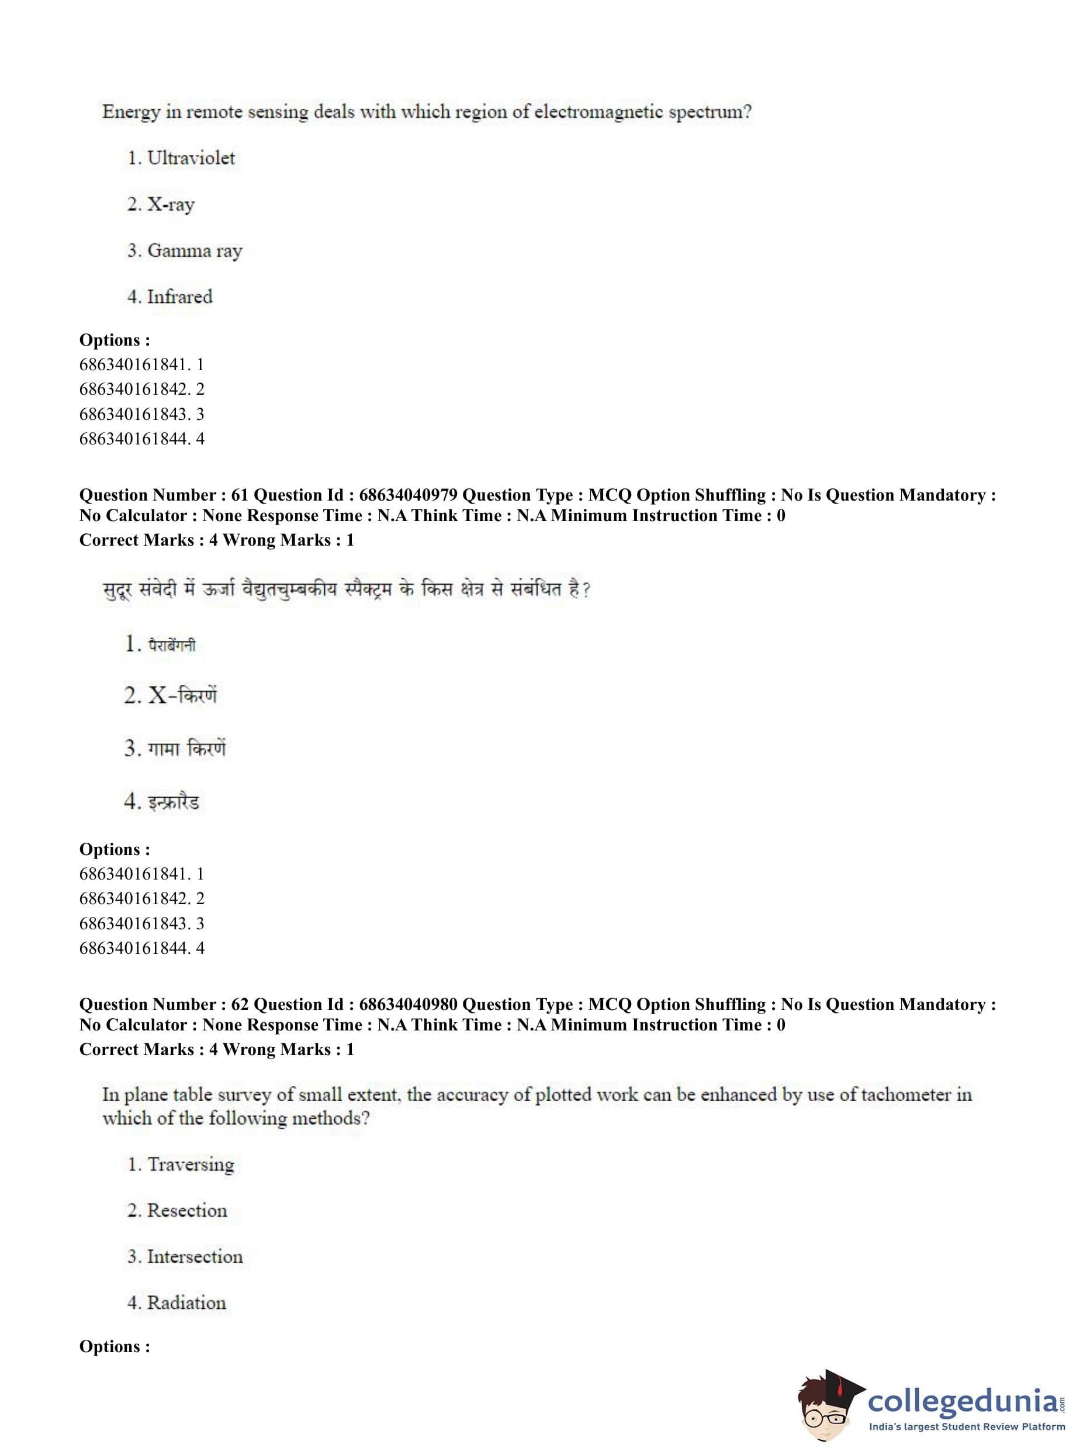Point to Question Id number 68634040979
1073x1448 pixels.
click(408, 495)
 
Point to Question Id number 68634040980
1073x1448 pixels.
click(408, 1004)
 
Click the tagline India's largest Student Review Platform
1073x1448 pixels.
click(967, 1427)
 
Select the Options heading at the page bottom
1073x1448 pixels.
click(115, 1347)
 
